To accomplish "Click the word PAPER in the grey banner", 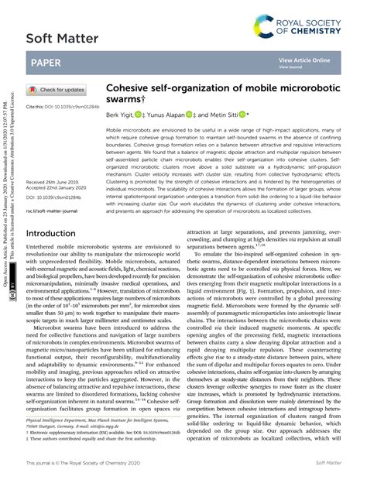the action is [49, 63].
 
